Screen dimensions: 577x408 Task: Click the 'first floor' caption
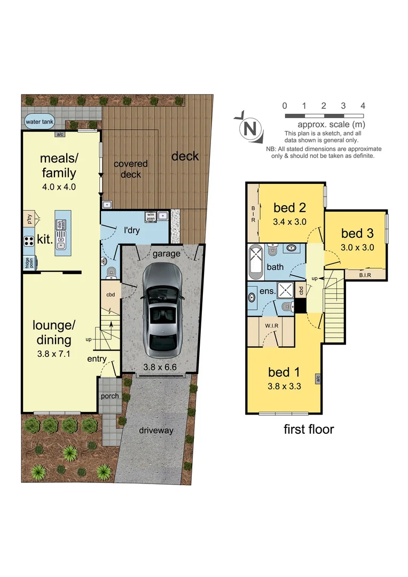point(309,429)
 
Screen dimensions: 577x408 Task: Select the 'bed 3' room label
point(357,233)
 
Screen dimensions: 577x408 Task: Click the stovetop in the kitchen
point(28,240)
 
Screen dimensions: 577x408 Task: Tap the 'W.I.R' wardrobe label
point(270,324)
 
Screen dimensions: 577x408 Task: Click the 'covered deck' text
point(131,169)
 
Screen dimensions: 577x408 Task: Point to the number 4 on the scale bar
point(363,106)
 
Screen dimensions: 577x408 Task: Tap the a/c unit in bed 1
point(317,379)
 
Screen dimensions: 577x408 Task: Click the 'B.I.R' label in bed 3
point(365,275)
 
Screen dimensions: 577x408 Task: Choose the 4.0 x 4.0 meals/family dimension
point(58,187)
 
